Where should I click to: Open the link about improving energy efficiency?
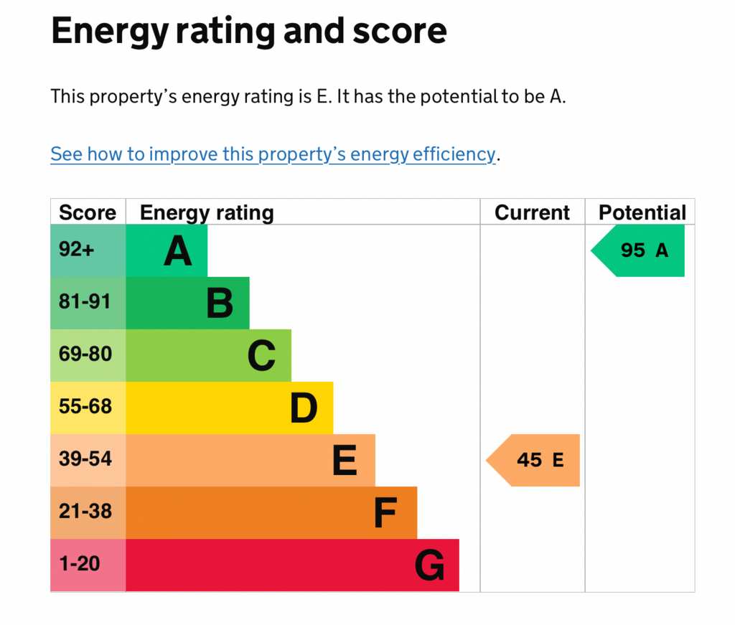tap(273, 154)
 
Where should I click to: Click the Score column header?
tap(88, 212)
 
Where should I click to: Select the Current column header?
tap(532, 212)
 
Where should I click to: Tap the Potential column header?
tap(642, 212)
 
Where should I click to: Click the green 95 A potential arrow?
tap(637, 250)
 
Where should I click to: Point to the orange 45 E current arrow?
tap(533, 460)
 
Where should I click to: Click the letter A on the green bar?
tap(178, 251)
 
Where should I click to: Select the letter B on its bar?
tap(220, 303)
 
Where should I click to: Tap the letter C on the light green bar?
tap(261, 356)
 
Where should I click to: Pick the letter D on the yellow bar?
tap(304, 408)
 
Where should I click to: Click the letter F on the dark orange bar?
tap(385, 513)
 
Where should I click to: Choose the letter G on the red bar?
tap(429, 565)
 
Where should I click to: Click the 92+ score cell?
tap(76, 249)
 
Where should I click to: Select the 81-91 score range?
tap(85, 301)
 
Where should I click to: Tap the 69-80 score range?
tap(85, 354)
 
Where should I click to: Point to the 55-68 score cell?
tap(85, 407)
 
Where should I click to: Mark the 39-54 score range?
tap(85, 459)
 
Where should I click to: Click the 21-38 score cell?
tap(85, 512)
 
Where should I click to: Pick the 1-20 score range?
tap(80, 564)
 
